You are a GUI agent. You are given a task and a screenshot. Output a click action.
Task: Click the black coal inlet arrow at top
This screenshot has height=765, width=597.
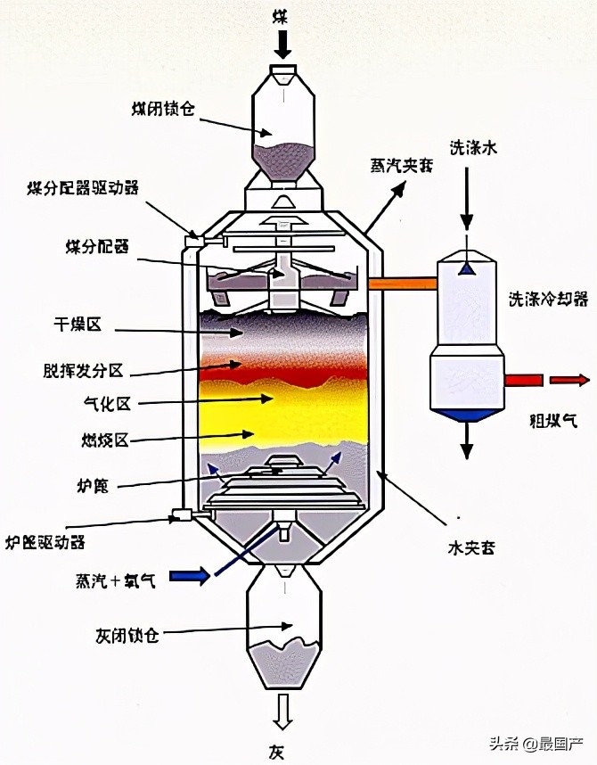point(282,42)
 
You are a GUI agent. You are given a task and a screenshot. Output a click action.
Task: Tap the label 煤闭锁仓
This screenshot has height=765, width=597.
point(161,110)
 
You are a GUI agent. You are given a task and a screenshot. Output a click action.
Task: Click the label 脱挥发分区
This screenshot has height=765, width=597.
point(87,369)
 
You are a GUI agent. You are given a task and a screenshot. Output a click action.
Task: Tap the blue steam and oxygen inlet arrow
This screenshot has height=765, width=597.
point(190,576)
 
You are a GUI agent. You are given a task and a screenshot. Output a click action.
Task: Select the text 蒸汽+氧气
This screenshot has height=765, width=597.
point(116,581)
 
